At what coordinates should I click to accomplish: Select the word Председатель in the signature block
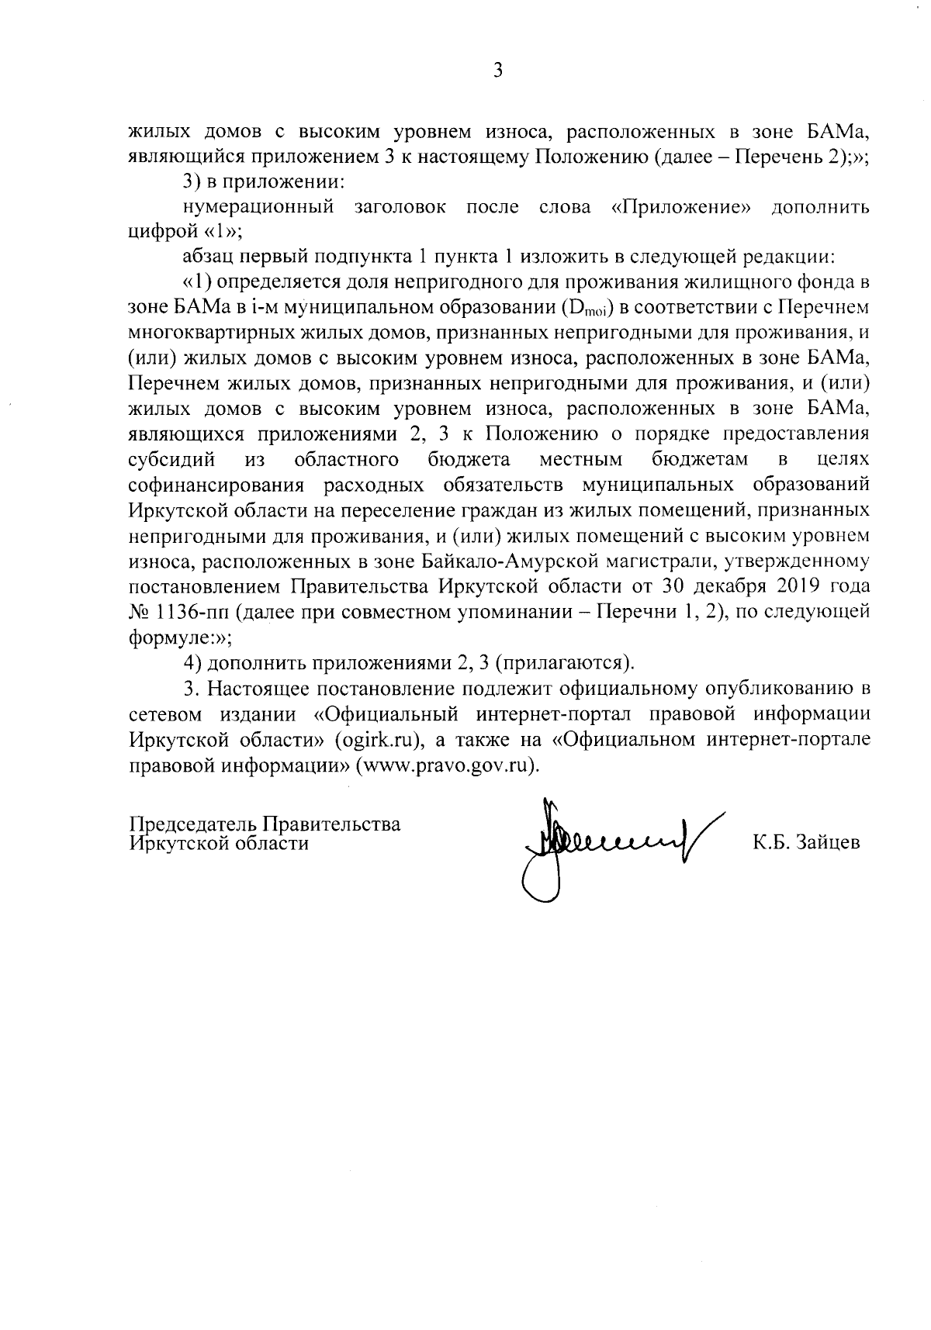[x=192, y=824]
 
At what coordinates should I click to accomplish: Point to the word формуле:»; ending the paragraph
[x=178, y=637]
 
